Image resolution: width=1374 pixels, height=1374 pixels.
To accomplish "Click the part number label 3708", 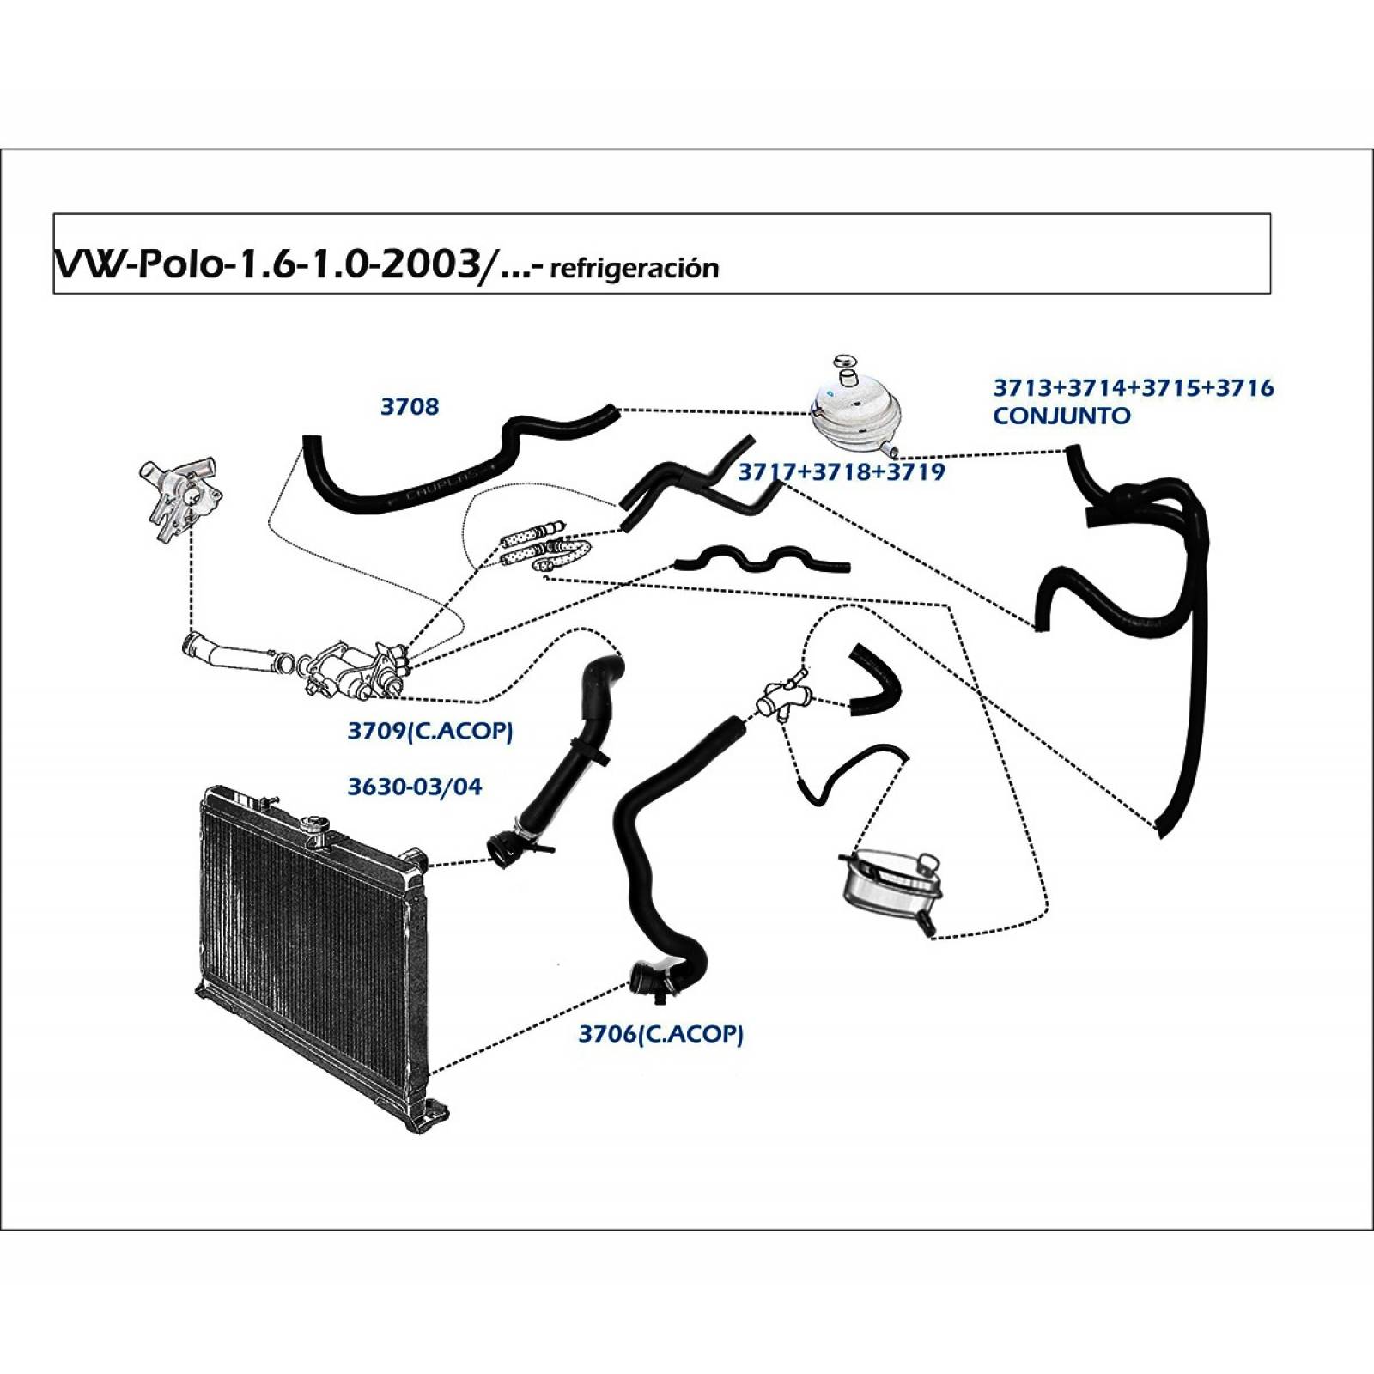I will coord(409,406).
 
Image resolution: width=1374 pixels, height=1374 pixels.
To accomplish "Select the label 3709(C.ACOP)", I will coord(429,731).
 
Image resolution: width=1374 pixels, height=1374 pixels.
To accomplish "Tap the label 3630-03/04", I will coord(414,786).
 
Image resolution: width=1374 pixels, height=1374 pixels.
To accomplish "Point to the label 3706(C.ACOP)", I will coord(660,1033).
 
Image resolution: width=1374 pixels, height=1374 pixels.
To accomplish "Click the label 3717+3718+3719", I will coord(841,471).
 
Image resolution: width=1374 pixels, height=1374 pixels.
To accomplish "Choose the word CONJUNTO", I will coord(1061,416).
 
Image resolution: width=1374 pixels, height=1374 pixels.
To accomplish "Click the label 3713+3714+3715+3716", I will coord(1133,388).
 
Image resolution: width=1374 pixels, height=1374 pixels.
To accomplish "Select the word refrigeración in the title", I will coord(633,269).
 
